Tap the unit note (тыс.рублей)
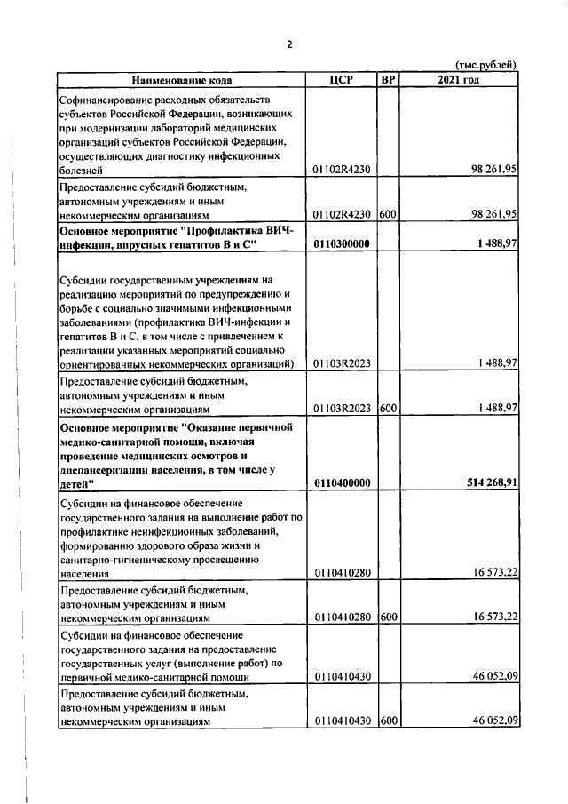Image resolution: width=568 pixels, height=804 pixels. (x=485, y=65)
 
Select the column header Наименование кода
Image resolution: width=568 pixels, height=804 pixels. (x=181, y=80)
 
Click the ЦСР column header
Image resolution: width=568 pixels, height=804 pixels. (x=341, y=80)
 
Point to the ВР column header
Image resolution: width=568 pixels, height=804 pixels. (x=387, y=80)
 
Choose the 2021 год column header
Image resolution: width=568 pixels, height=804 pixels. (x=459, y=80)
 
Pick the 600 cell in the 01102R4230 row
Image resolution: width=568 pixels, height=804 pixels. (x=387, y=214)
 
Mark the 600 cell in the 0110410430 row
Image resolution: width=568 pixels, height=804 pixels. (x=387, y=723)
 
